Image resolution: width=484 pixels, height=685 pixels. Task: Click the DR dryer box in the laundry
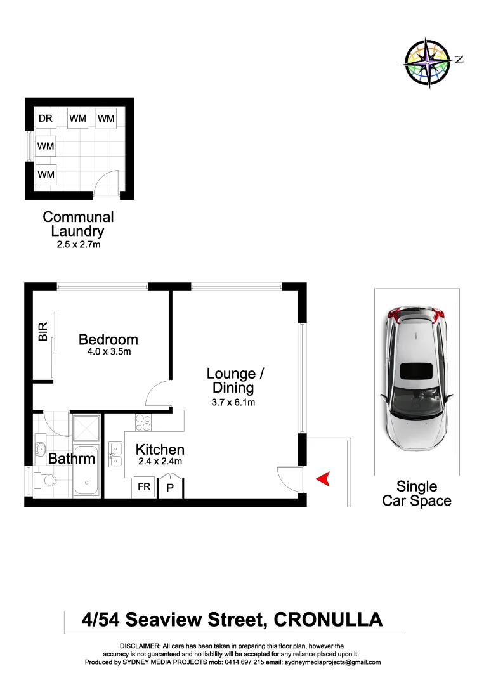pos(45,118)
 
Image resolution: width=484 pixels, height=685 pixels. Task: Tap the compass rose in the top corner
pos(429,62)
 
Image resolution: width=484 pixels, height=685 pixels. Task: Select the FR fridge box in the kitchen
pos(144,486)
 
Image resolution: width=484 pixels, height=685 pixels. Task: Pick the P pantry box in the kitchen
pos(169,488)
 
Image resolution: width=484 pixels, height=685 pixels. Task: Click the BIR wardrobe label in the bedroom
pos(43,332)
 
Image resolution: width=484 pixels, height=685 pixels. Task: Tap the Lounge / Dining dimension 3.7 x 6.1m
pos(233,401)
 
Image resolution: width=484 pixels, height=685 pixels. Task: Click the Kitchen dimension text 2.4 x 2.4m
pos(159,461)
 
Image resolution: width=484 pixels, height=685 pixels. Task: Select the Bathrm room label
pos(72,459)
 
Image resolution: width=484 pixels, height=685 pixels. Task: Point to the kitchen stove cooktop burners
pos(143,422)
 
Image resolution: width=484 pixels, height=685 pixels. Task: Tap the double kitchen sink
pos(115,453)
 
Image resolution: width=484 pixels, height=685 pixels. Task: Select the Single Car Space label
pos(417,493)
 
